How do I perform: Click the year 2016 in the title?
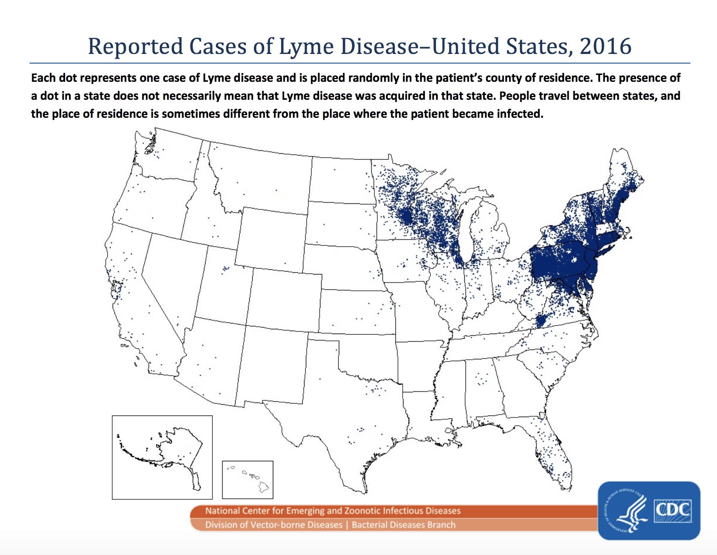click(605, 46)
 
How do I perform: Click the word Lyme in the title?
click(306, 46)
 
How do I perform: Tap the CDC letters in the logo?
click(672, 510)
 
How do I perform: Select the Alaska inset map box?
click(162, 457)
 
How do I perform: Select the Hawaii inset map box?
click(248, 480)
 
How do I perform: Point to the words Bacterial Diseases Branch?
click(403, 525)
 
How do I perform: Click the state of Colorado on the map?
click(284, 300)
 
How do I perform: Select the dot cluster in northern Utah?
click(225, 269)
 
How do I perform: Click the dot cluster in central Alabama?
click(482, 379)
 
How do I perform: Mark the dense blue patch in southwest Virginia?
click(541, 320)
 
